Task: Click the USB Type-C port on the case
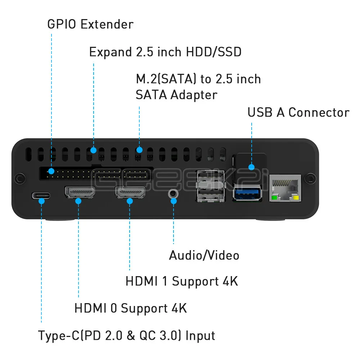41,196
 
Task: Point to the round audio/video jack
174,193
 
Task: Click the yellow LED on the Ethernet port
296,198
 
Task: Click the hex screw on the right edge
310,178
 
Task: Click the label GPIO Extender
90,24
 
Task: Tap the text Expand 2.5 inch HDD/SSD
165,52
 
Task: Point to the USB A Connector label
298,112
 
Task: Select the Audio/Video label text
204,255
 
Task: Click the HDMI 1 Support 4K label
182,281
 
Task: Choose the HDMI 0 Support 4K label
131,308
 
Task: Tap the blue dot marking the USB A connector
251,167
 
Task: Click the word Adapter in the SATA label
194,95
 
